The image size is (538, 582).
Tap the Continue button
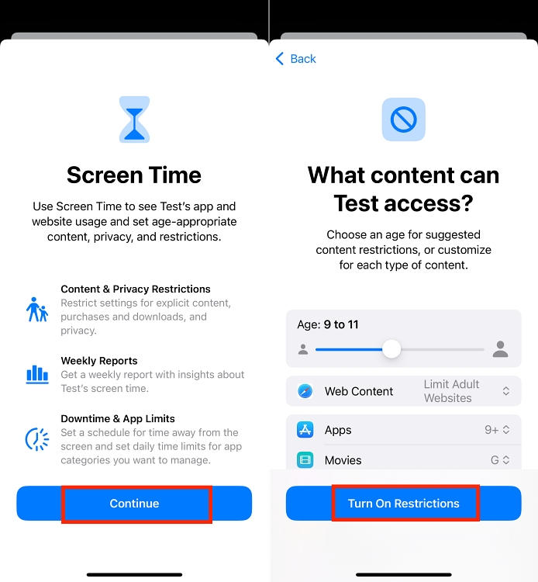134,504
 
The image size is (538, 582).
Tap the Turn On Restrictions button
403,504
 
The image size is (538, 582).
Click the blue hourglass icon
134,120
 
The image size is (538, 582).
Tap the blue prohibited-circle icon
403,120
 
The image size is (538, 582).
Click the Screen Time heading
134,175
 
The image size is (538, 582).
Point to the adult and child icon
37,309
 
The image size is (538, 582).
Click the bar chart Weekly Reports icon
37,374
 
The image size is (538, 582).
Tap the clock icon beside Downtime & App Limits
37,439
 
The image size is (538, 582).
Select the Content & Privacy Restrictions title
136,289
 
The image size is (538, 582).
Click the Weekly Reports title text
99,361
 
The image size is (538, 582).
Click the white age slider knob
391,349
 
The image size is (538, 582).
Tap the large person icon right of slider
500,349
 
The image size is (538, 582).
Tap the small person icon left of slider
302,350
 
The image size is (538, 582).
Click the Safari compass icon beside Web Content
305,392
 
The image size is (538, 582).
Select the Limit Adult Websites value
451,391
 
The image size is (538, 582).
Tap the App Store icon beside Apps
305,430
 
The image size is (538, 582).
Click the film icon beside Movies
305,460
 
